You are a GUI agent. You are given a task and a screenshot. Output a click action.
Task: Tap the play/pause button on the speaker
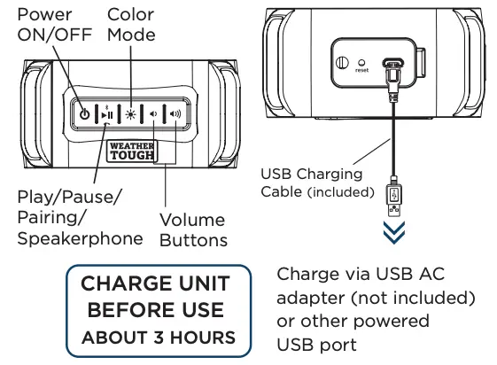click(x=107, y=114)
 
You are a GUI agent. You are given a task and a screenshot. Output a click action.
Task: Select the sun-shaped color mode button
click(x=131, y=114)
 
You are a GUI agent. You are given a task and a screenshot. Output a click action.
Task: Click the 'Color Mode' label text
click(x=130, y=26)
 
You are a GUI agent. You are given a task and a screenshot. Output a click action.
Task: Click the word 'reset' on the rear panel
click(x=362, y=71)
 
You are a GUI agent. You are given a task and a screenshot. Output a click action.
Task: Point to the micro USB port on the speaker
click(x=390, y=65)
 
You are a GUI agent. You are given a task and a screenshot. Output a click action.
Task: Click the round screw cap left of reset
click(x=341, y=65)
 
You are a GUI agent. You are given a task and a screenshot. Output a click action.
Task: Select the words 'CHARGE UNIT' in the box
click(x=155, y=285)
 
